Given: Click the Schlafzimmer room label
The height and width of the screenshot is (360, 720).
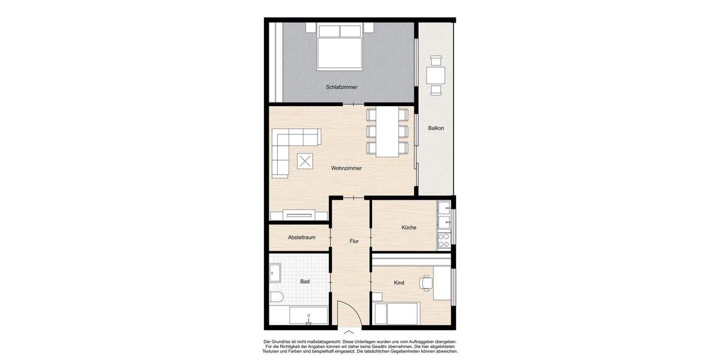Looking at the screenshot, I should click(x=341, y=87).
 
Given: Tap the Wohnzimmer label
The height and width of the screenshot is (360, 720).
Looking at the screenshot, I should click(x=346, y=169).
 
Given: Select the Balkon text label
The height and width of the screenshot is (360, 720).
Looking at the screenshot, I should click(x=436, y=128).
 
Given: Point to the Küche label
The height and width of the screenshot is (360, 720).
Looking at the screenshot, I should click(x=409, y=227).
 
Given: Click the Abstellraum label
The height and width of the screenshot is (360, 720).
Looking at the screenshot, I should click(x=301, y=238).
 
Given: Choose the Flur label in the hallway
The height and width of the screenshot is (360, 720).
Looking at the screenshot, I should click(x=354, y=241).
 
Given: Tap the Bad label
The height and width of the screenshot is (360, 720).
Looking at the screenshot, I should click(x=304, y=281).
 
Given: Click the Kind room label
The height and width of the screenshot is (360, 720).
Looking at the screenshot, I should click(x=399, y=283).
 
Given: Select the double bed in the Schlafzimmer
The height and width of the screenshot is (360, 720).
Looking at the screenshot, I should click(x=340, y=46).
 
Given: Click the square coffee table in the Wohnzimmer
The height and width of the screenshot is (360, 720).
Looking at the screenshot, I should click(x=305, y=161).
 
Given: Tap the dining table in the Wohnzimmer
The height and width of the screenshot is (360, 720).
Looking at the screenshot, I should click(x=388, y=132).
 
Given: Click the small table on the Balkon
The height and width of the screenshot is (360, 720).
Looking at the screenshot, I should click(x=436, y=76).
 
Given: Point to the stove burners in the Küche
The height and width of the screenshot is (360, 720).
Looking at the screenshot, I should click(x=444, y=241).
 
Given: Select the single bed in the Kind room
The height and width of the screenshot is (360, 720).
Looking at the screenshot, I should click(x=396, y=314).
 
